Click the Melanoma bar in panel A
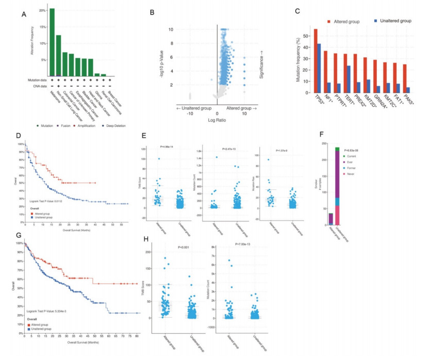[52, 41]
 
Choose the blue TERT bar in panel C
[350, 72]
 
